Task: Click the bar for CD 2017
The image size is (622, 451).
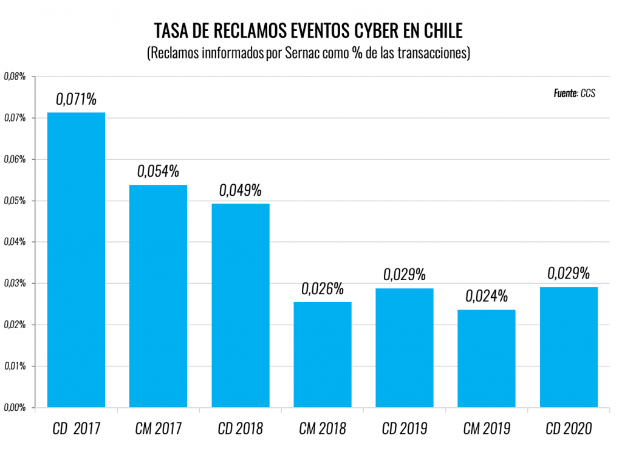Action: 76,260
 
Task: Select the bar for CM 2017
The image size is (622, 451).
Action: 158,296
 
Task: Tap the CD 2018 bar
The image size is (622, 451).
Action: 241,305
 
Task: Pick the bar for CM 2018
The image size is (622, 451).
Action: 323,354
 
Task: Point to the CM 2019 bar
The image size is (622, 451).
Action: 487,359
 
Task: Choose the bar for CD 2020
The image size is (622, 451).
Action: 569,346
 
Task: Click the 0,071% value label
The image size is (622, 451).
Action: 77,99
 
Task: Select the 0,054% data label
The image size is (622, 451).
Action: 158,171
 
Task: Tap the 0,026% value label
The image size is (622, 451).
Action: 323,289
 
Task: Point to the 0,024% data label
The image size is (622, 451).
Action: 487,297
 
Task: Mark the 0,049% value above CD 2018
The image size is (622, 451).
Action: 241,190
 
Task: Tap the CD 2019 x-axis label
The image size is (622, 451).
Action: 405,429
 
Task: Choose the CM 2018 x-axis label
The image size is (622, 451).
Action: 323,429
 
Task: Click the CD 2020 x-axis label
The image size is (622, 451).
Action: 569,429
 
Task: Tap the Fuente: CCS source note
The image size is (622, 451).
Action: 574,94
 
